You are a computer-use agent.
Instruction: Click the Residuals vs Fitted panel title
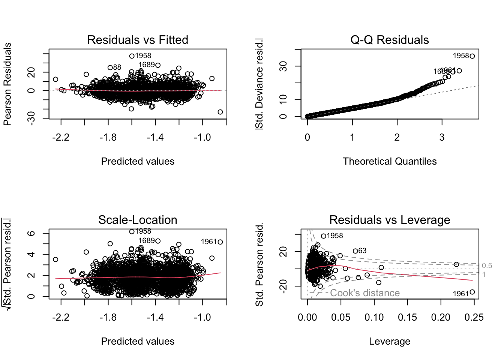pos(138,40)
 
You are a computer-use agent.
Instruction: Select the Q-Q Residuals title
pos(390,40)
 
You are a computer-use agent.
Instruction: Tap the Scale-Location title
pos(138,220)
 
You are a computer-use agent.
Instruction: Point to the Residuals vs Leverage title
pos(390,220)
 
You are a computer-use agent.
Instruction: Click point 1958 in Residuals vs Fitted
pos(132,56)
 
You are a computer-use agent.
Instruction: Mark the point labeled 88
pos(110,67)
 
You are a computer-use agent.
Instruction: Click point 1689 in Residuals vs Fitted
pos(158,65)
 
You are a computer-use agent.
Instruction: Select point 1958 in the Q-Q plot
pos(472,56)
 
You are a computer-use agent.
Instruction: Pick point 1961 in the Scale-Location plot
pos(220,242)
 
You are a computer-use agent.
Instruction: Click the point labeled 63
pos(355,251)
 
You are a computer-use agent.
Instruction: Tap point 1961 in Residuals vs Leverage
pos(472,292)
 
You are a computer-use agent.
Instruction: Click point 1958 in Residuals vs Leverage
pos(323,236)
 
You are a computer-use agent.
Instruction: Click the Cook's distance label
pos(365,293)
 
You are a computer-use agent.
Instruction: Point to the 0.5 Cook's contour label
pos(487,266)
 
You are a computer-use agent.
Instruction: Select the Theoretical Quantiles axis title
pos(390,161)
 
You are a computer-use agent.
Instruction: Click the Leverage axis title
pos(390,341)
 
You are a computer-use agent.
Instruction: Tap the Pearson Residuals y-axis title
pos(7,84)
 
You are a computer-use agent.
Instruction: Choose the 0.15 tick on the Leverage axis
pos(408,318)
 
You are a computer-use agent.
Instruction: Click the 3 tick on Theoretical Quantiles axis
pos(442,138)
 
